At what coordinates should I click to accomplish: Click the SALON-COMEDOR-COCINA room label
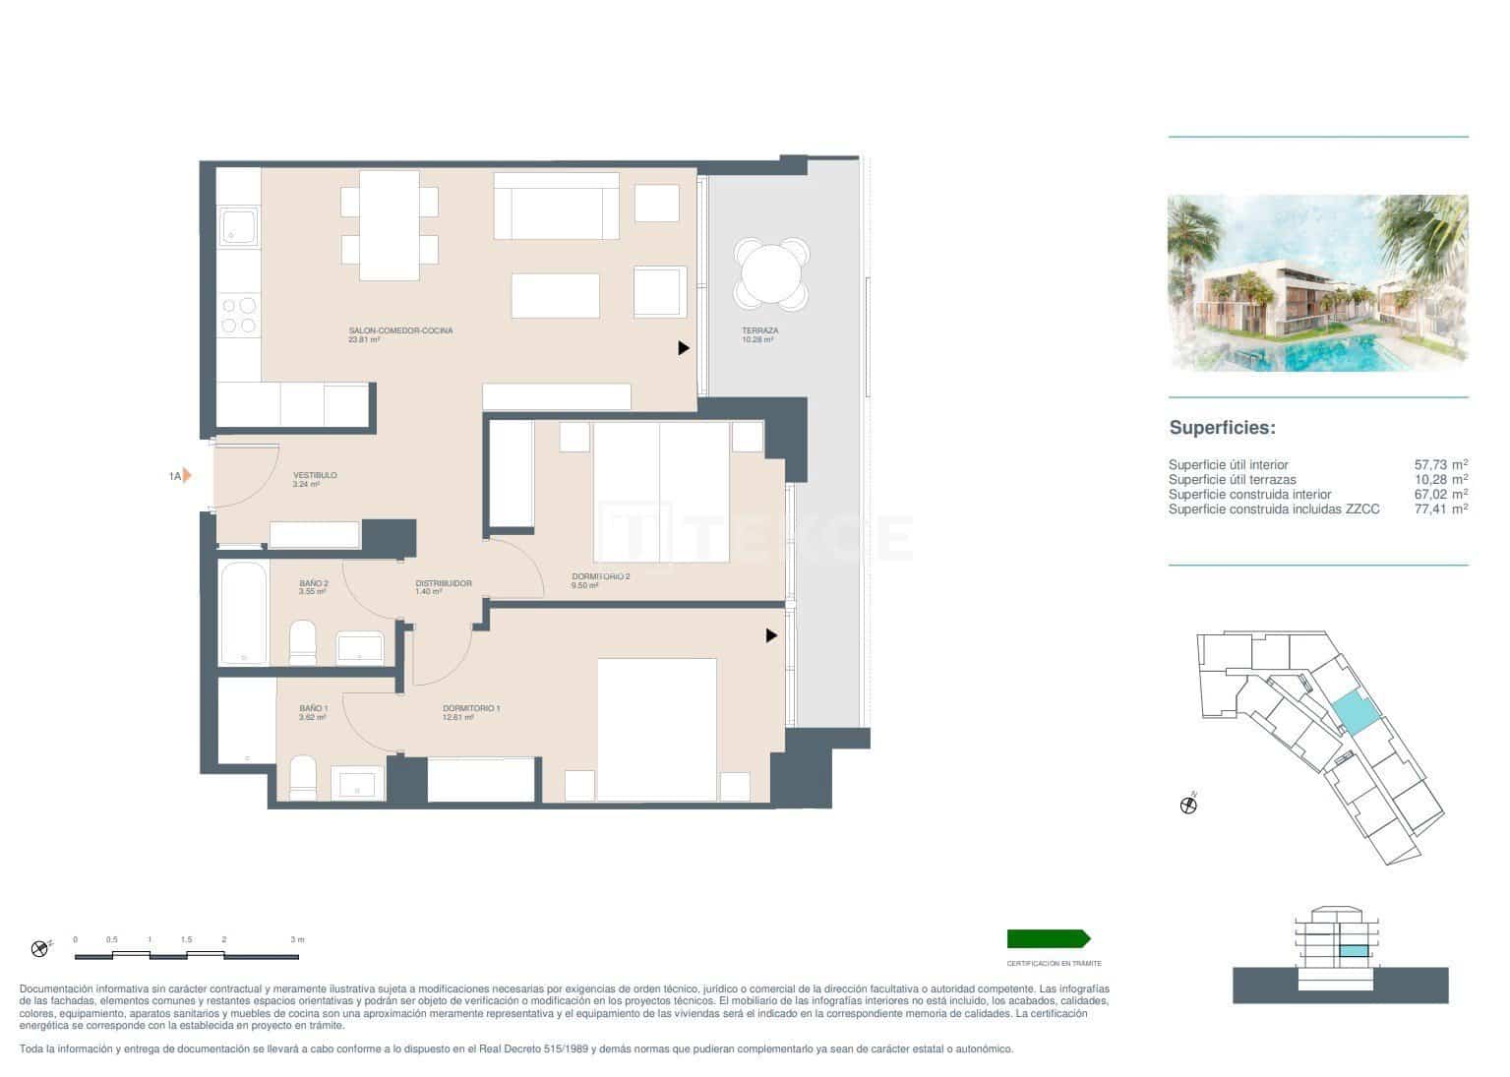pyautogui.click(x=400, y=331)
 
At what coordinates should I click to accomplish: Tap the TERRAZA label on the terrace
pyautogui.click(x=759, y=331)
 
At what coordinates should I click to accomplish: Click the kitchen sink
pyautogui.click(x=238, y=227)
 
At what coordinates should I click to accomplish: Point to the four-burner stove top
pyautogui.click(x=238, y=315)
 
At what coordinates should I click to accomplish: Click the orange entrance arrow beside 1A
pyautogui.click(x=187, y=476)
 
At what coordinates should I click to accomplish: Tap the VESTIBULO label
pyautogui.click(x=315, y=476)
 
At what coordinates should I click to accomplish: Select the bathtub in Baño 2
pyautogui.click(x=243, y=613)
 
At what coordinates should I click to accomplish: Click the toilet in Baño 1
pyautogui.click(x=303, y=777)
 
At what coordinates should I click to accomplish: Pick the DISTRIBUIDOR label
pyautogui.click(x=443, y=584)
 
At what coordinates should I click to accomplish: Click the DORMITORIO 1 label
pyautogui.click(x=471, y=709)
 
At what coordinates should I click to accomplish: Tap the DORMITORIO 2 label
pyautogui.click(x=600, y=577)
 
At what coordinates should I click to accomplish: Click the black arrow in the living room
pyautogui.click(x=684, y=348)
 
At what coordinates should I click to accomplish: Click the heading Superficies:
pyautogui.click(x=1222, y=428)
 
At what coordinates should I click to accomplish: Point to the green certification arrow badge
pyautogui.click(x=1048, y=939)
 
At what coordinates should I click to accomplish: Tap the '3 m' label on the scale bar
pyautogui.click(x=297, y=940)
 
